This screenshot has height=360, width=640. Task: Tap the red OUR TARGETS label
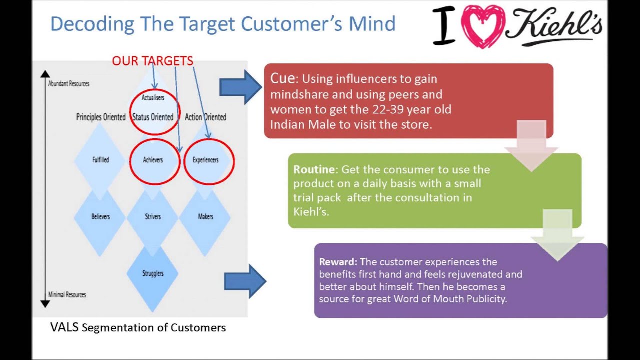click(152, 61)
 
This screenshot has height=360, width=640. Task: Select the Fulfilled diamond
click(100, 160)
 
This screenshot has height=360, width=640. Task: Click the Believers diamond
click(100, 216)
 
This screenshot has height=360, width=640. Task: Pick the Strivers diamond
click(153, 216)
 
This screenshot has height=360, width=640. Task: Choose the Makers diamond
click(205, 216)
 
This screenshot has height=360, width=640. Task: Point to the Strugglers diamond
click(153, 273)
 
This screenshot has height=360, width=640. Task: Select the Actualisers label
click(153, 97)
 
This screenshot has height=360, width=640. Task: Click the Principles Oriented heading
click(101, 117)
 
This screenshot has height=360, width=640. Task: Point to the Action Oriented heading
click(205, 117)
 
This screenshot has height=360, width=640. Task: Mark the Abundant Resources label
click(69, 84)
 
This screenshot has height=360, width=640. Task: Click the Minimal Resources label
click(67, 294)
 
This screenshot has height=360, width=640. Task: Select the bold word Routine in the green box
click(315, 169)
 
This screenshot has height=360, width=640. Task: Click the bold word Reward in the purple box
click(338, 262)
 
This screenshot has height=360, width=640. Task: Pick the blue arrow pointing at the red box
click(240, 87)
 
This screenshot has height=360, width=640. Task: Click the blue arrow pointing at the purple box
click(245, 281)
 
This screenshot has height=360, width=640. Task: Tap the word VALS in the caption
click(64, 327)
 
